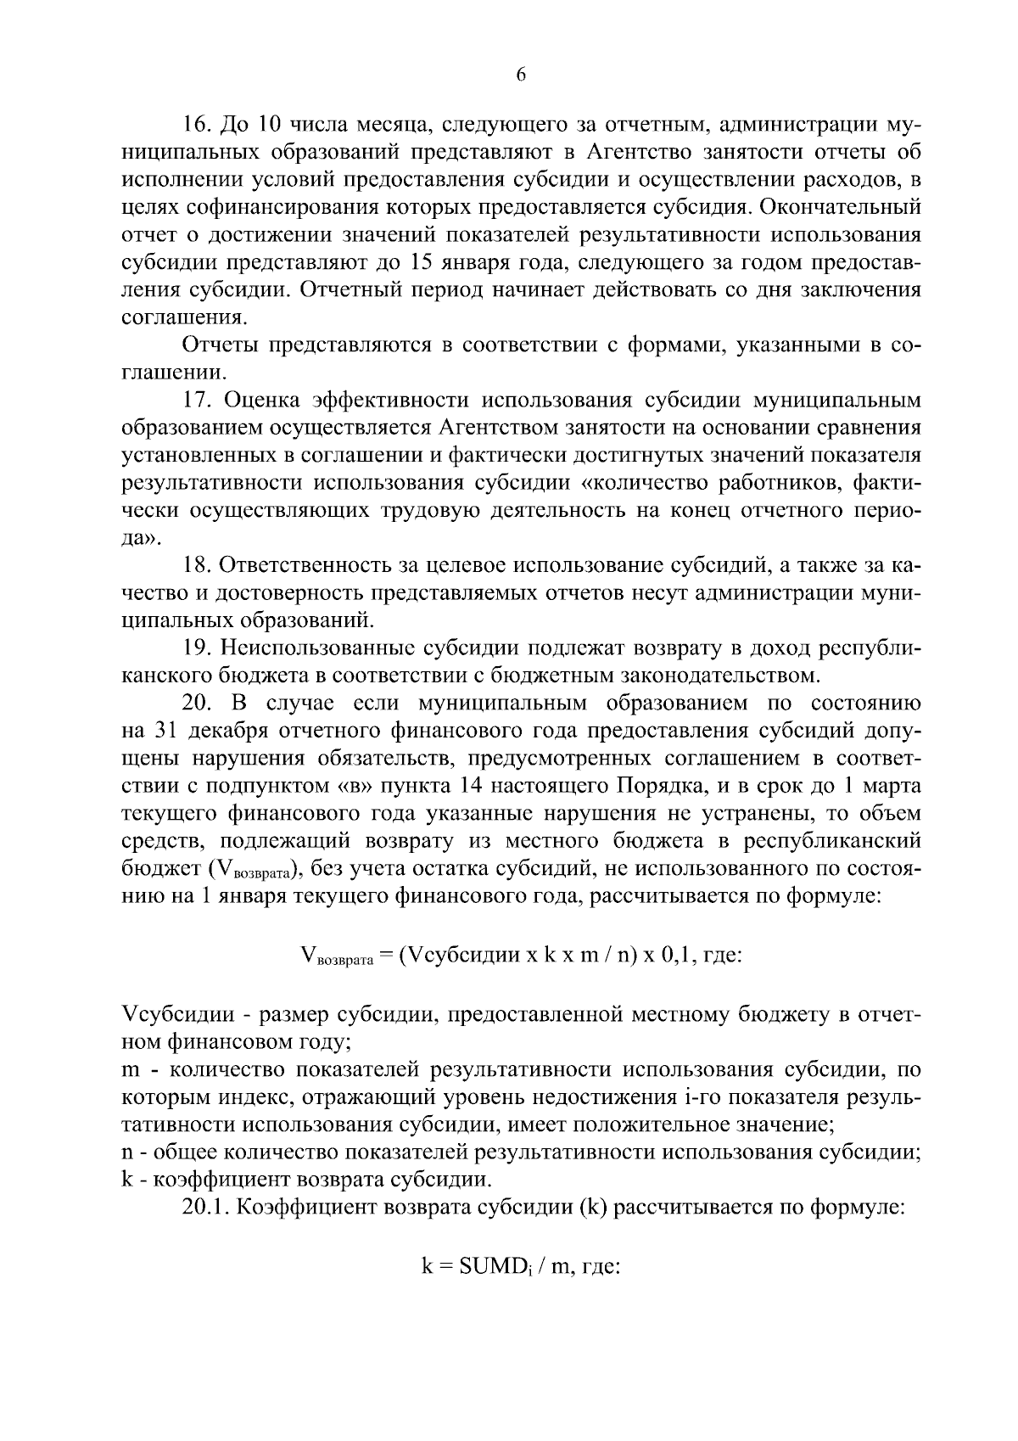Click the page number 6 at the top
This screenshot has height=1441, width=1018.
[521, 76]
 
